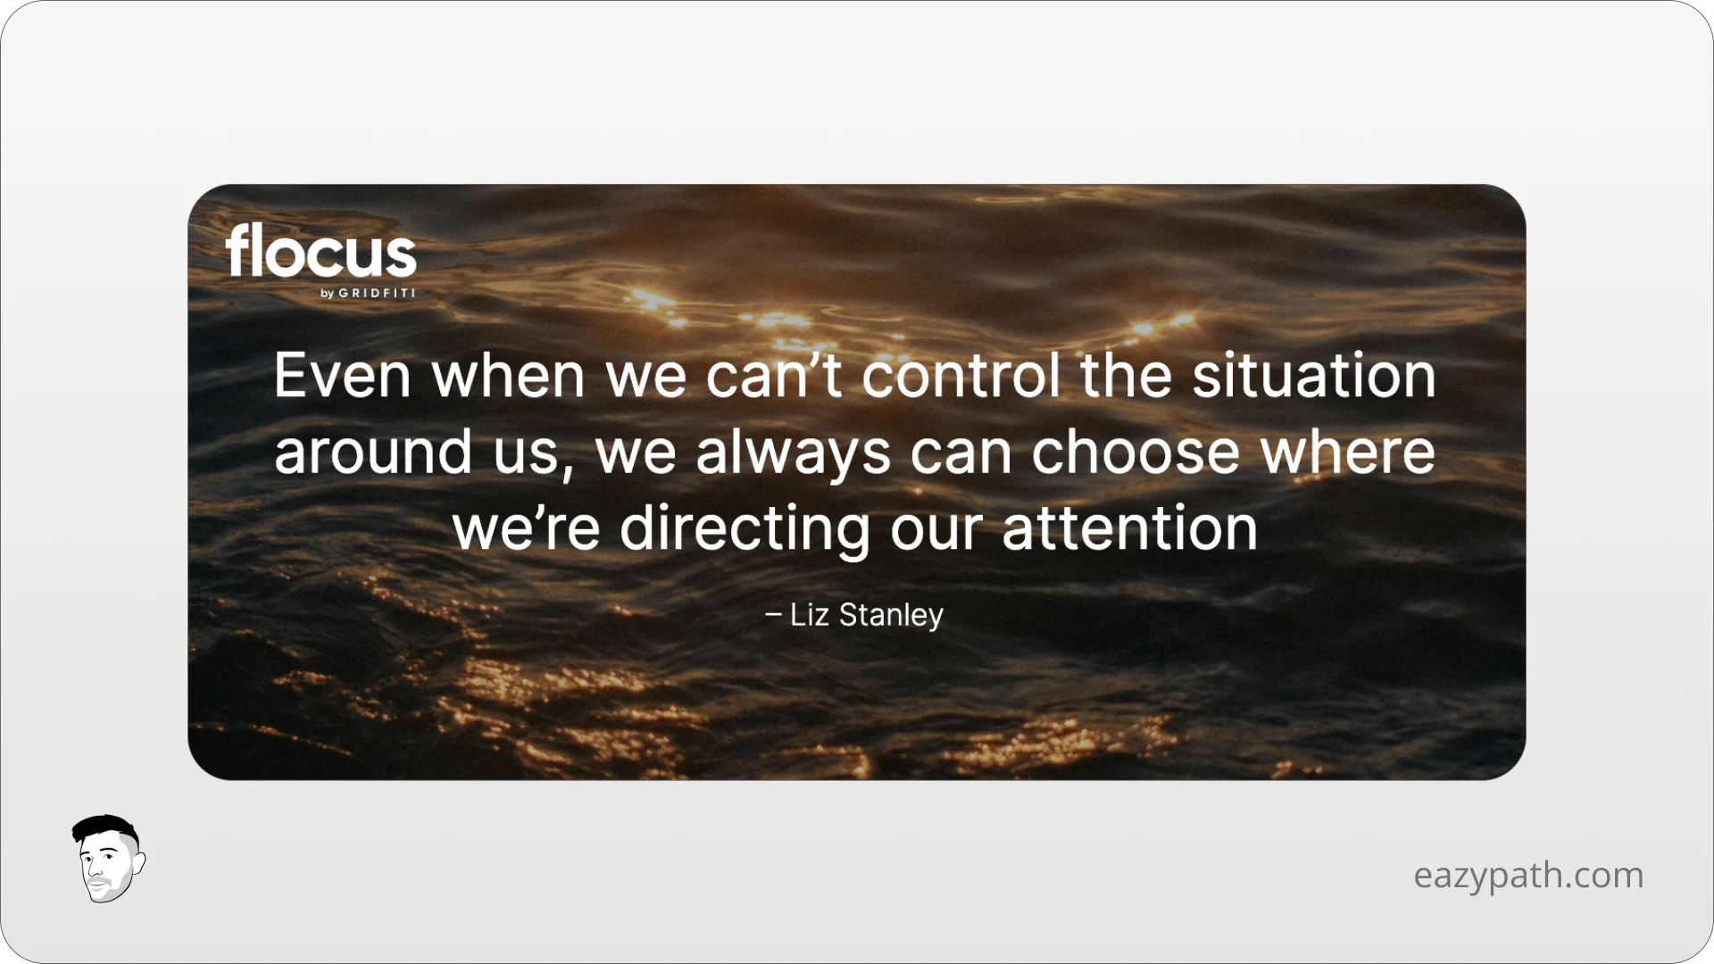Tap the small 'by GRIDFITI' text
point(368,294)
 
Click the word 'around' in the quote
point(372,452)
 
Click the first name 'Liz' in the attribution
point(809,615)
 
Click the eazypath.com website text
point(1528,875)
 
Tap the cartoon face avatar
point(108,860)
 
